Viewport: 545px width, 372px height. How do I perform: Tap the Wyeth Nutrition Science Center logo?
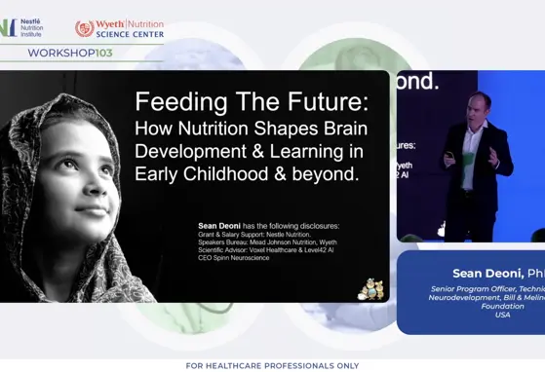pos(119,28)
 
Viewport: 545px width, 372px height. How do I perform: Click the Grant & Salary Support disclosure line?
pos(254,235)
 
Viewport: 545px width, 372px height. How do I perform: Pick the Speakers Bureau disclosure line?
pos(267,242)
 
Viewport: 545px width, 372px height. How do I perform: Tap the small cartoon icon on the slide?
pos(370,288)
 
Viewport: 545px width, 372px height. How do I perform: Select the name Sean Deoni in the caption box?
pos(487,273)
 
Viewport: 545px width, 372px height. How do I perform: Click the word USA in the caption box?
pos(502,316)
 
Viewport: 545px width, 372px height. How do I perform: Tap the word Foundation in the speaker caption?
pos(502,307)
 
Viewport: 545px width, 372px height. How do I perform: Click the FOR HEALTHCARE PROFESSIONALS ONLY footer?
pos(271,365)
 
